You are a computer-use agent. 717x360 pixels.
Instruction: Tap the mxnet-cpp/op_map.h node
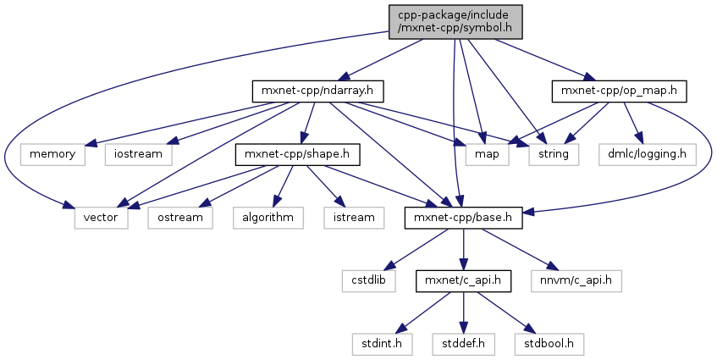pos(618,89)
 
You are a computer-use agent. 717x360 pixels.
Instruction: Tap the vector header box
pos(101,217)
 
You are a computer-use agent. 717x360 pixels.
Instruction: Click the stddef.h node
pos(464,344)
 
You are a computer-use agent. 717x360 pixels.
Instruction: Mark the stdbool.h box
pos(549,344)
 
